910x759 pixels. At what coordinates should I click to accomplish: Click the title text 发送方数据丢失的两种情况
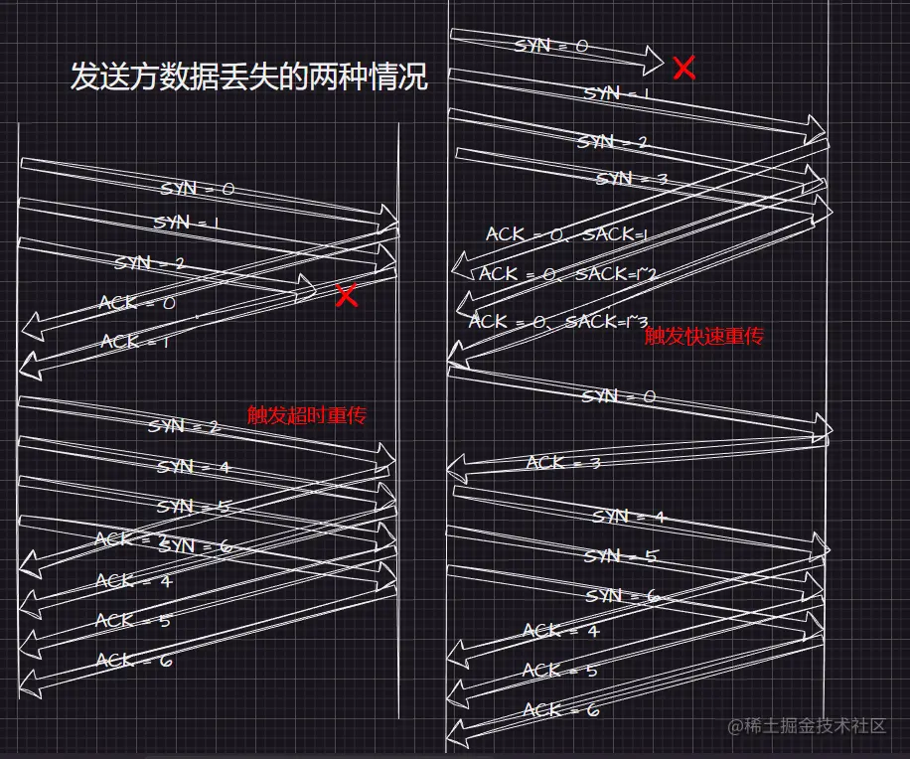point(248,76)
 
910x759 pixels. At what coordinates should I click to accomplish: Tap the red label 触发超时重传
point(307,414)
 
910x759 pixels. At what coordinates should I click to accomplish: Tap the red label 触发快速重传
point(703,336)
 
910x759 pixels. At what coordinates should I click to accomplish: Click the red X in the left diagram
point(346,295)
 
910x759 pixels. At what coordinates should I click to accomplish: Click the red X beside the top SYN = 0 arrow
point(683,68)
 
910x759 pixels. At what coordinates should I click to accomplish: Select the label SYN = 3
point(631,179)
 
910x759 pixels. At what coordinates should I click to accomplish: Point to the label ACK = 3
point(563,463)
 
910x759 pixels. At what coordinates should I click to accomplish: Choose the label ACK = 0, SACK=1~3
point(558,321)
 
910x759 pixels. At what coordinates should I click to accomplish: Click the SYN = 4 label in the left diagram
point(193,467)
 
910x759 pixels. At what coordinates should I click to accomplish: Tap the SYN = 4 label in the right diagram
point(629,517)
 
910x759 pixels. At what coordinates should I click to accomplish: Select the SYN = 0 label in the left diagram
point(198,189)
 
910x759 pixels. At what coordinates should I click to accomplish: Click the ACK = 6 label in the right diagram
point(560,710)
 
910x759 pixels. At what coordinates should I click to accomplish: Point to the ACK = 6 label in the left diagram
point(134,661)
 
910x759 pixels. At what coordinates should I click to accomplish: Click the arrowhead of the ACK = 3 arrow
point(459,465)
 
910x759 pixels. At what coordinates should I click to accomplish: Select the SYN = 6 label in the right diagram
point(622,596)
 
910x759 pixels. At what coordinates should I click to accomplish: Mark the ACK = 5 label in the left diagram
point(133,621)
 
